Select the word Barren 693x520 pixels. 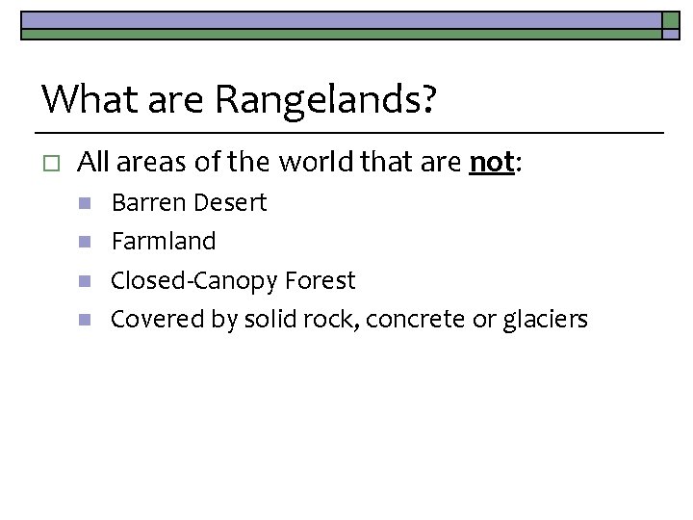(149, 203)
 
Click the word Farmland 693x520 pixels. (164, 242)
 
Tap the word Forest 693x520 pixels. (321, 280)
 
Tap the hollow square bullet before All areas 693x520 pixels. (52, 164)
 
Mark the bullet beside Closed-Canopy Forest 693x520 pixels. (85, 281)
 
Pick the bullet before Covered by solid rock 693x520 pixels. (85, 320)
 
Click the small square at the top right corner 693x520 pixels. (671, 20)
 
